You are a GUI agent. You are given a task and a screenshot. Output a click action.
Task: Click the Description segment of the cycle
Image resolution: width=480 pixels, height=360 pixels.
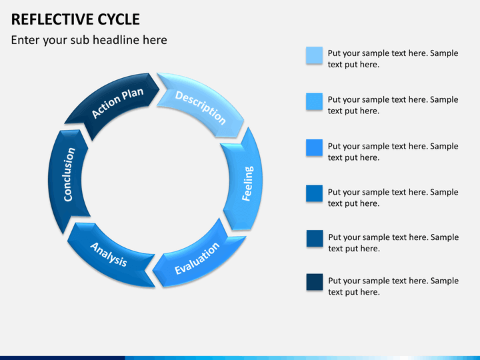pos(201,107)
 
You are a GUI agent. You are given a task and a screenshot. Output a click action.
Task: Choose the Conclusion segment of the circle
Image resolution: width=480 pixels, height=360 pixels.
pos(68,175)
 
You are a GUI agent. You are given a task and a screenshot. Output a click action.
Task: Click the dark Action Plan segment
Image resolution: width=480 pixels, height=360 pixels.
pos(116,103)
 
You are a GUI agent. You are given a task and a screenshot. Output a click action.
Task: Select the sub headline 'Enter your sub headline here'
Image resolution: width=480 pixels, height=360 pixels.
pos(89,40)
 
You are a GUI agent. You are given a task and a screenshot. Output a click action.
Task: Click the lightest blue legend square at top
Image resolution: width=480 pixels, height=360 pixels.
pos(315,55)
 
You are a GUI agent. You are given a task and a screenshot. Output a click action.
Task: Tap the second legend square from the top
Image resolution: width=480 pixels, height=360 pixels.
pos(315,101)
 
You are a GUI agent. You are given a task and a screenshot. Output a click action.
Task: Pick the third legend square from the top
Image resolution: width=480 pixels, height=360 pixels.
pos(315,148)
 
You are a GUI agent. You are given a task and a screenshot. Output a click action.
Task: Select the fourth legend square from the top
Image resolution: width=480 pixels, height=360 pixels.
pos(315,194)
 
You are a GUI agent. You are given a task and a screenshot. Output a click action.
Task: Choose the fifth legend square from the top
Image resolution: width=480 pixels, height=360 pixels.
pos(315,239)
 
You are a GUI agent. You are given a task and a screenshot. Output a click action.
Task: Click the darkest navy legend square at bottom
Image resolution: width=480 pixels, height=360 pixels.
pos(315,283)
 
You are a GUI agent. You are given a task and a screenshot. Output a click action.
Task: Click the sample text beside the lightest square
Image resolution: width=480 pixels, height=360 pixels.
pos(393,59)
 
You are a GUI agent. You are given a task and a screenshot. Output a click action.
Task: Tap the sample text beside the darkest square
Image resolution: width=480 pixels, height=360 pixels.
pos(393,287)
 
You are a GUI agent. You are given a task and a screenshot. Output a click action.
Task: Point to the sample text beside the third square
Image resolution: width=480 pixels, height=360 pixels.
pos(393,151)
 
